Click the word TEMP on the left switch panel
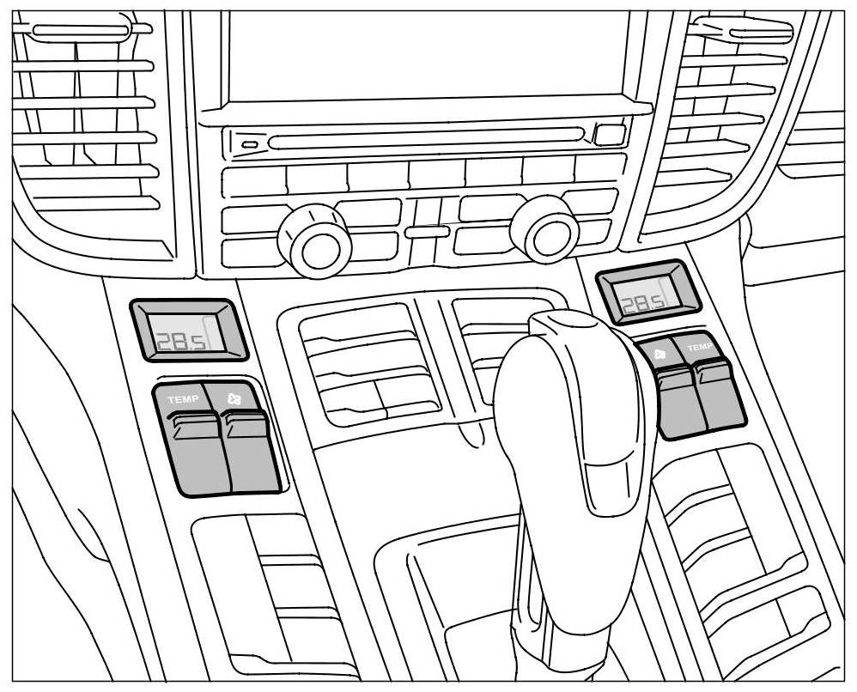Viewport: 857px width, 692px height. click(x=183, y=399)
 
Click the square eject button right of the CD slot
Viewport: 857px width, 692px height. click(x=610, y=135)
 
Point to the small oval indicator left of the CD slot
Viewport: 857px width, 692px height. click(x=249, y=144)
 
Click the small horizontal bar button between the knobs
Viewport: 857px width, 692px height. click(x=427, y=232)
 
